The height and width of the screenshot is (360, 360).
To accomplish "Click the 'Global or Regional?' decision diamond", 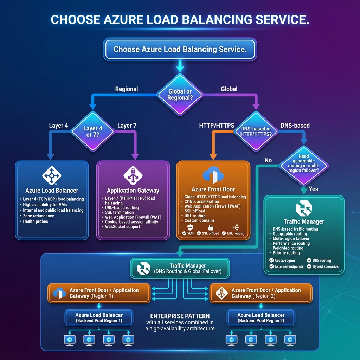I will (x=180, y=94).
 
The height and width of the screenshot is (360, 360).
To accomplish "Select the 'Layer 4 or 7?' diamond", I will (x=93, y=131).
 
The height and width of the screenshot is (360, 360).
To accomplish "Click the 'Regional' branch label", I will (x=127, y=89).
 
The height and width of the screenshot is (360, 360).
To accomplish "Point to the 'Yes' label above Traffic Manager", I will (x=313, y=189).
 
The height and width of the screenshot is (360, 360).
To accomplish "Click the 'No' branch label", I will (x=268, y=160).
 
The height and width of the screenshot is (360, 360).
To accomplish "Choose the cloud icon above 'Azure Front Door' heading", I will (x=213, y=174).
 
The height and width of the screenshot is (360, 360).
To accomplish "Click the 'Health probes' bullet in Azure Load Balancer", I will (x=36, y=221).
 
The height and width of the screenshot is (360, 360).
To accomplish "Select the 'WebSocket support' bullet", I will (x=123, y=227).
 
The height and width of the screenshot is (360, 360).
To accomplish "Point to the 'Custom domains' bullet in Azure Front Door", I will (x=199, y=221).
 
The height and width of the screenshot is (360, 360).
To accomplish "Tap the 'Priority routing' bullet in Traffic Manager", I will (x=286, y=253).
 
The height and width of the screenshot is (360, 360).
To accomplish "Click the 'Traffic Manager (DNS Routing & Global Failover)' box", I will (x=180, y=269).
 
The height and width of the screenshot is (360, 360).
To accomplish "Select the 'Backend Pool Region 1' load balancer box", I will (x=99, y=318).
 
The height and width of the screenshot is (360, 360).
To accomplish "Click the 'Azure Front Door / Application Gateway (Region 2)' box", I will (x=261, y=293).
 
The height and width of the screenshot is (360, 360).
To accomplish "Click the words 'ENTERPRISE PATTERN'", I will (x=180, y=316).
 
